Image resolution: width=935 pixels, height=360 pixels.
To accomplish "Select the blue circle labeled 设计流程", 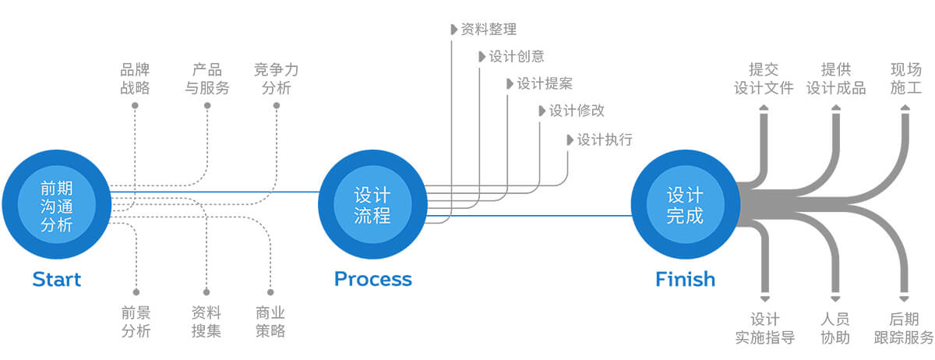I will coord(372,204).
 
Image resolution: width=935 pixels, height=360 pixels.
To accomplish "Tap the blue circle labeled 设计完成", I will coord(685,204).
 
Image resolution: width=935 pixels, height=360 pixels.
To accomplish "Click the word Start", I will coord(56,279).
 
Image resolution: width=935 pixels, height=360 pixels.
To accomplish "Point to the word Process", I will coord(372,279).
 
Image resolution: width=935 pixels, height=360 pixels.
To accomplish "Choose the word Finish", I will coord(685,279).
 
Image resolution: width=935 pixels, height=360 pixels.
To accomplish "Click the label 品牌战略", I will coord(135,79).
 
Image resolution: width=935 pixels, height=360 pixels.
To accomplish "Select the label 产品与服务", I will coord(207,79).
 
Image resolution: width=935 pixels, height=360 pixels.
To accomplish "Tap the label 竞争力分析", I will coord(277,79).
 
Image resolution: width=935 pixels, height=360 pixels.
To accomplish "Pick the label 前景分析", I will coord(136,322).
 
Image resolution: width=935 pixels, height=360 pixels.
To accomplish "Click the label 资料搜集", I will coord(206,322).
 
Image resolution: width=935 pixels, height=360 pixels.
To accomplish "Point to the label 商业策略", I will coord(270,322).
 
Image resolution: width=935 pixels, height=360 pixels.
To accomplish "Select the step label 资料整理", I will coord(488,29).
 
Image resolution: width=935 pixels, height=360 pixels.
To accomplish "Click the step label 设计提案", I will coord(544,83).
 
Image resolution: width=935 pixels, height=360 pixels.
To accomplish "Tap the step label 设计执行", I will coord(604,139).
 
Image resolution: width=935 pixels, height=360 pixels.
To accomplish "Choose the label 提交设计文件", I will coord(764,79).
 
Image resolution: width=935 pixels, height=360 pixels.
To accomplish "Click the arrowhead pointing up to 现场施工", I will coord(905,116).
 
